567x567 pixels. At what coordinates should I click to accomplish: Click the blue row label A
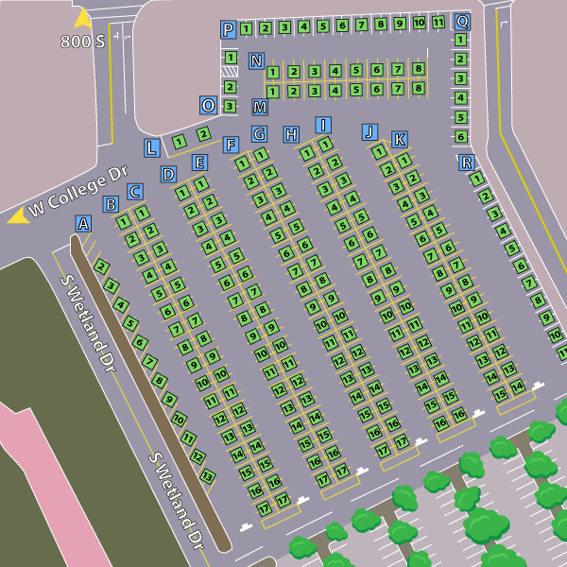[x=83, y=224]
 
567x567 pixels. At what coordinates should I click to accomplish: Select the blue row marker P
[x=228, y=29]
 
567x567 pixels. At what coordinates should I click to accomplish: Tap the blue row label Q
[x=462, y=21]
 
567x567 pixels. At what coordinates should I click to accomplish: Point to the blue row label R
[x=466, y=163]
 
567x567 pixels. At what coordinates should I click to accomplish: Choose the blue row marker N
[x=256, y=61]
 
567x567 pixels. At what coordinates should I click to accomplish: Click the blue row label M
[x=260, y=107]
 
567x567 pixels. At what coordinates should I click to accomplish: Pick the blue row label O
[x=208, y=105]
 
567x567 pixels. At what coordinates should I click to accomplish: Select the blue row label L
[x=152, y=147]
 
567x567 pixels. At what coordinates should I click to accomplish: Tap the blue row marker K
[x=400, y=140]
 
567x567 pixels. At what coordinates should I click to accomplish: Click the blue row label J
[x=369, y=131]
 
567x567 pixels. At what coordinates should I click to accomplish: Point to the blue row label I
[x=323, y=125]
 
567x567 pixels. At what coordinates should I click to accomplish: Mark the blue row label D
[x=168, y=174]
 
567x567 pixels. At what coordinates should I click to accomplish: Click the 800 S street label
[x=82, y=42]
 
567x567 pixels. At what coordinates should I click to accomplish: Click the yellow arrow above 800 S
[x=83, y=17]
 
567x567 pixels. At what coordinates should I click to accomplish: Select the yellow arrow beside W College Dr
[x=17, y=216]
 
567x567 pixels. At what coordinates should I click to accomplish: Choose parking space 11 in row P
[x=438, y=23]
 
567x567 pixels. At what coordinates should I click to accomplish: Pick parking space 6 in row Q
[x=461, y=136]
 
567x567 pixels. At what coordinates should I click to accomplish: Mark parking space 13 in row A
[x=208, y=475]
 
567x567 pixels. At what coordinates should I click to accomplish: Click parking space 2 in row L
[x=203, y=134]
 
